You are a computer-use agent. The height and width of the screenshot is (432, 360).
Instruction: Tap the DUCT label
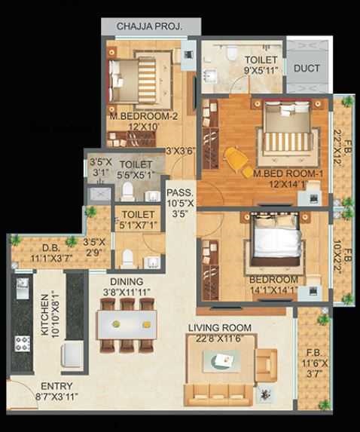[x=307, y=68]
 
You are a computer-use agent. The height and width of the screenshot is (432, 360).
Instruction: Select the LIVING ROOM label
[x=221, y=327]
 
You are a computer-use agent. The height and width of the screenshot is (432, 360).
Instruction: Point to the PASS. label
[x=180, y=192]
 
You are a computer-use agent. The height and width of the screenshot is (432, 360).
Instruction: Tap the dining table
[x=127, y=325]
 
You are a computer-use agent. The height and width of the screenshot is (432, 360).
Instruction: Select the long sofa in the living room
[x=219, y=393]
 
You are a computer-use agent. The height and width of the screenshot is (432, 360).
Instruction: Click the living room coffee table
[x=222, y=362]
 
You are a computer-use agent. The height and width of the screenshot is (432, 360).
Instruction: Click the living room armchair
[x=266, y=364]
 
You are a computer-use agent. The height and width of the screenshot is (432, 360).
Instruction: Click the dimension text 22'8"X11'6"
[x=221, y=339]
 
